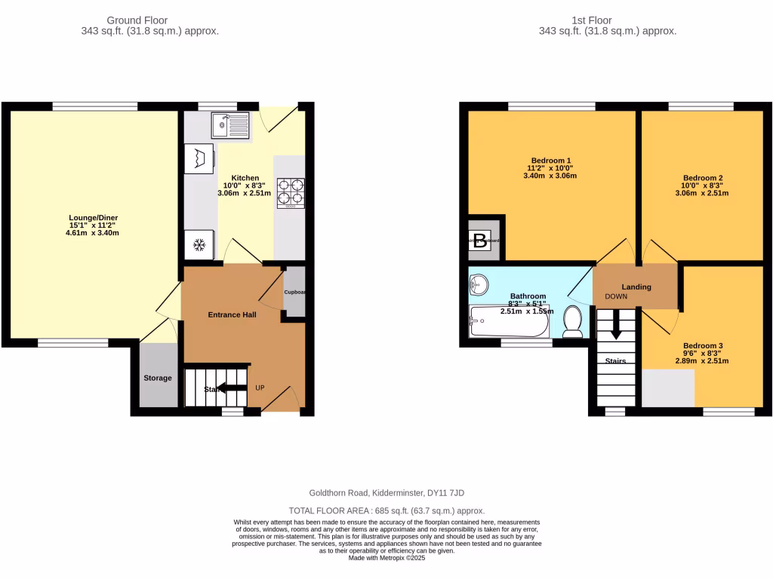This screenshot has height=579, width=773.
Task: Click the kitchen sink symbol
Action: point(230,125)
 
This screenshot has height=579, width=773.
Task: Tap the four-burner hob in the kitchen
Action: point(291,192)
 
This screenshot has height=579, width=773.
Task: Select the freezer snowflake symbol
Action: point(199,245)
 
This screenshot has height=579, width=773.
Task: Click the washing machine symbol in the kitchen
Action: point(199,159)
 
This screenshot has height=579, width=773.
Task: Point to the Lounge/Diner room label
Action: point(93,218)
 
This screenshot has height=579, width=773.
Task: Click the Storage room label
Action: point(158,378)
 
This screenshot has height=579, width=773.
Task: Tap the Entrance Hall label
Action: point(232,314)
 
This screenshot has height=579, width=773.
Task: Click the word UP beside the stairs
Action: point(259,388)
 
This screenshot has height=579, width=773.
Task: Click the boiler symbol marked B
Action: point(479,242)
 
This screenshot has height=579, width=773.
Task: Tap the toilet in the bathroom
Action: point(573,321)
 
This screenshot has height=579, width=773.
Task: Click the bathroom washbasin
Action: point(479,284)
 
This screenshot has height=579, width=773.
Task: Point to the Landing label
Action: point(636,286)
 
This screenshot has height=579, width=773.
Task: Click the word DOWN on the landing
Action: point(617,296)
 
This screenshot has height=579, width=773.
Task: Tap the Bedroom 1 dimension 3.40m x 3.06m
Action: point(550,176)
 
